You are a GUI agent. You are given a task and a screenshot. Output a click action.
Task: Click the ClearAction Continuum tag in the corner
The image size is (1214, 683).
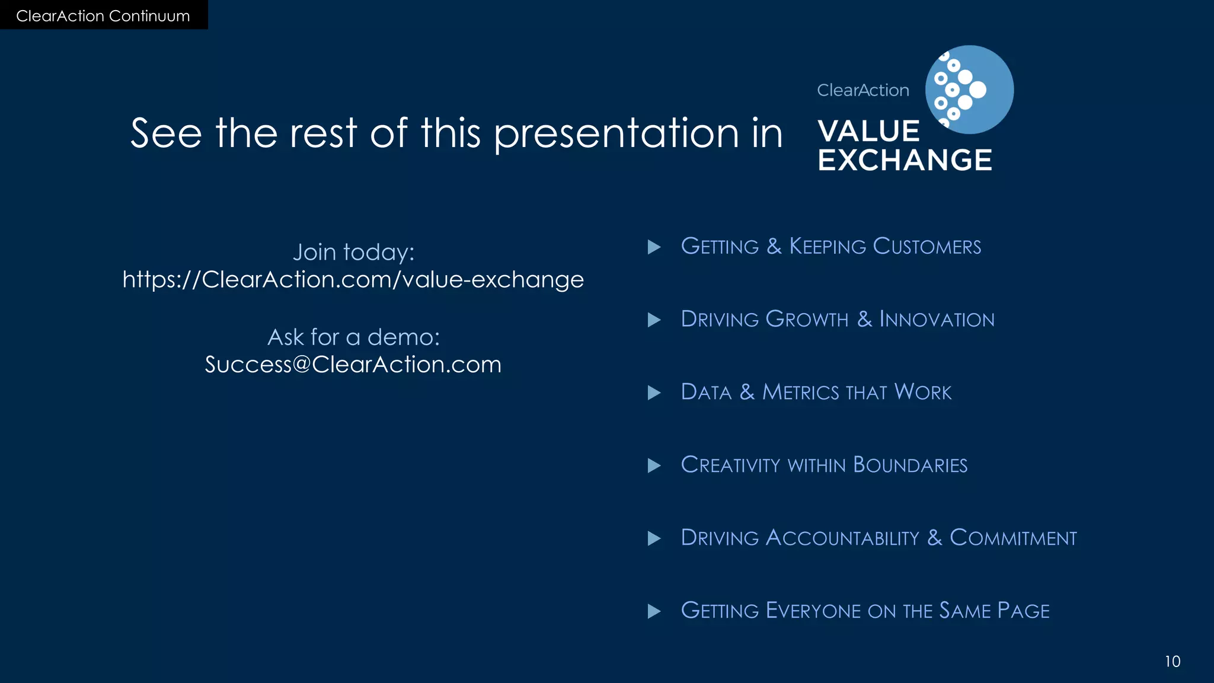103,15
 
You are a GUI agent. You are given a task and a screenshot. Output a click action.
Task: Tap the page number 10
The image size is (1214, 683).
1172,662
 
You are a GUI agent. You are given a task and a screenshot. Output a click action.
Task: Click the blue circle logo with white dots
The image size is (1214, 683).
969,90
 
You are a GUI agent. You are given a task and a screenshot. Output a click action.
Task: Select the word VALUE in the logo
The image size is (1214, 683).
868,132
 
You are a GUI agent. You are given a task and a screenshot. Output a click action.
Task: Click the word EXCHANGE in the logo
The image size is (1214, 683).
905,161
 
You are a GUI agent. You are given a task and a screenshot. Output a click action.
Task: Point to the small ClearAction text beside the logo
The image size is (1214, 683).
862,90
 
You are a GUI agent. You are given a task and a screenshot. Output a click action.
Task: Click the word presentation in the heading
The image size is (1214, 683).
616,133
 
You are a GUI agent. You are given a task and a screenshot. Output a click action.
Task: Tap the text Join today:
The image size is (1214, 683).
353,253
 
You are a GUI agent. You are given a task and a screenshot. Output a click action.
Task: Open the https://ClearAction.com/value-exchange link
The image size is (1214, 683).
353,280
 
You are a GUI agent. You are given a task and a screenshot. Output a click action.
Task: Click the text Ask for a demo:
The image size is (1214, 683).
353,337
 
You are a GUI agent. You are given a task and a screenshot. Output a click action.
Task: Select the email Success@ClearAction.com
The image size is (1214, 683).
353,365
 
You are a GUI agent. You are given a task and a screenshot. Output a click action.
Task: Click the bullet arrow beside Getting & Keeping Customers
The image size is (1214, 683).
654,247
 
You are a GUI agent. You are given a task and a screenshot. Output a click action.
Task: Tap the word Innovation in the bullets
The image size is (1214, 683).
937,320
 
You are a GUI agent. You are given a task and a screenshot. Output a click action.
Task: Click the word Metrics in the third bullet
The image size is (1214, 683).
800,392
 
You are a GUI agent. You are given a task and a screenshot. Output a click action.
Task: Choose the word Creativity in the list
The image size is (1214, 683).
730,465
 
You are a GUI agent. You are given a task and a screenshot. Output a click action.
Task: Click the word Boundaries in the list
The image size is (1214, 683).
910,465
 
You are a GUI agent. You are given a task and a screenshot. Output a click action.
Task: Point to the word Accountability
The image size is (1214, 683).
842,538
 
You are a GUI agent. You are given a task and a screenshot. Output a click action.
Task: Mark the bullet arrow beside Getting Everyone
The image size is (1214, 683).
654,611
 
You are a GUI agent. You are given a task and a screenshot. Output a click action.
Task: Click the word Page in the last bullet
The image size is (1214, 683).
1023,611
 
